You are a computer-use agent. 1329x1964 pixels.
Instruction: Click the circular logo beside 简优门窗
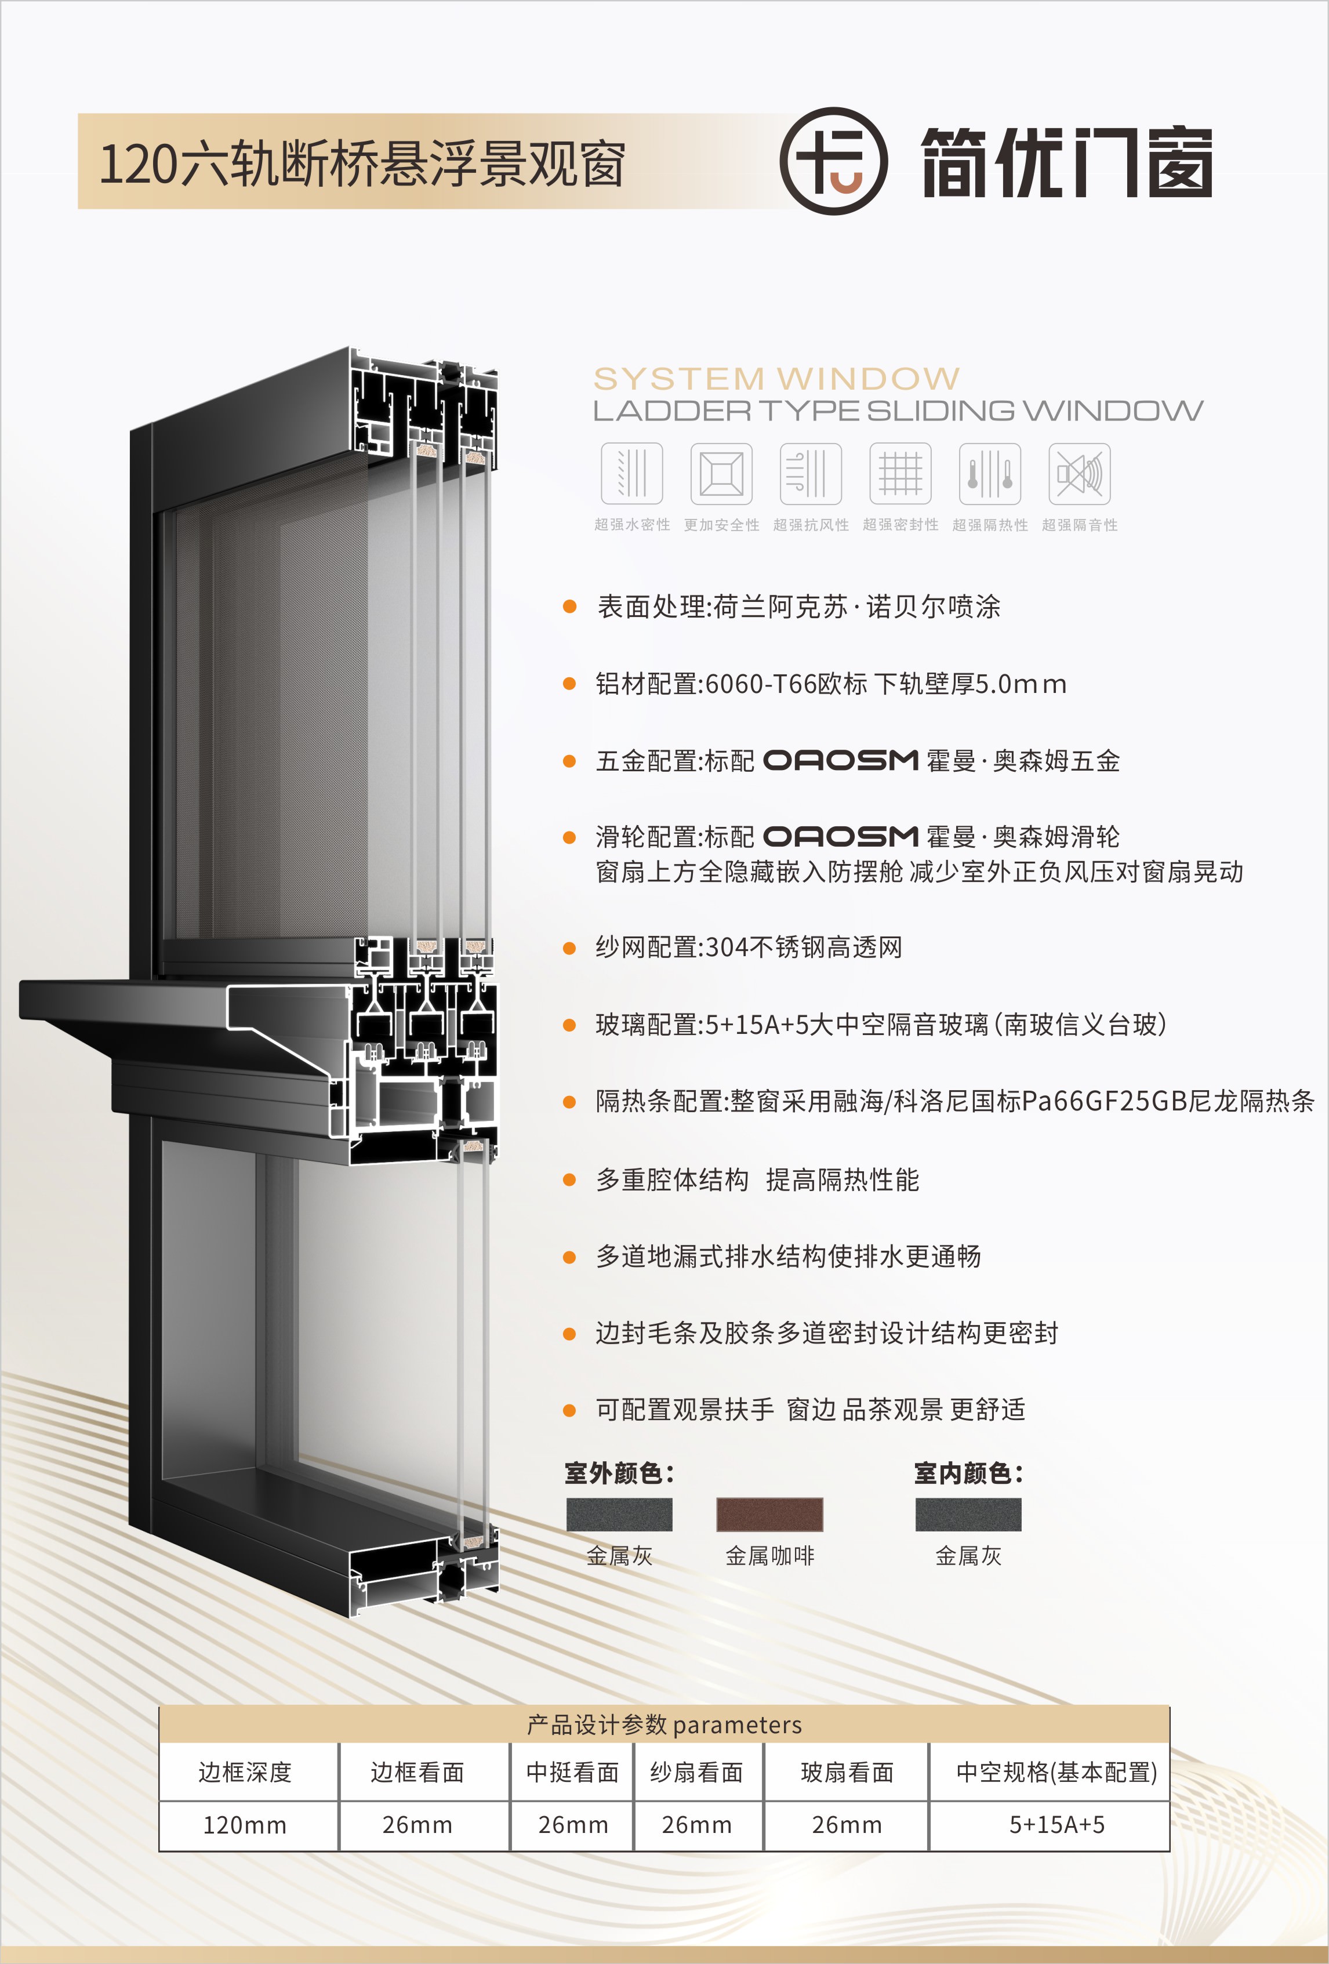point(833,161)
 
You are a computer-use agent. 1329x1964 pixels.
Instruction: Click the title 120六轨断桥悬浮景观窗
point(362,163)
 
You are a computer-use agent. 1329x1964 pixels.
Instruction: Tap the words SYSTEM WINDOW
point(776,377)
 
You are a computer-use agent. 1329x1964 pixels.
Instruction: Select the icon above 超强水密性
point(632,473)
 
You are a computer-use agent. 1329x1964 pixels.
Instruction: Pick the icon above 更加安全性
point(721,473)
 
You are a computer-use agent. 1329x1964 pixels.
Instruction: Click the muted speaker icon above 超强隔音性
point(1080,473)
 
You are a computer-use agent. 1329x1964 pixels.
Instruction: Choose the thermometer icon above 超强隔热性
point(990,473)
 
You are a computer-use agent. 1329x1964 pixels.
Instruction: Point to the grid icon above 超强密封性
point(900,473)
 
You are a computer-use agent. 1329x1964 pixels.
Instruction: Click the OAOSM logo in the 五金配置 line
point(841,761)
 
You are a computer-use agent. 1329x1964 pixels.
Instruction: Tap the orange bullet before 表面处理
point(569,607)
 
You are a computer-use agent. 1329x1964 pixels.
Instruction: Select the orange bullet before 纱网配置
point(569,948)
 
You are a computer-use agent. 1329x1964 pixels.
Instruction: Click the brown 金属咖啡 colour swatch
point(769,1515)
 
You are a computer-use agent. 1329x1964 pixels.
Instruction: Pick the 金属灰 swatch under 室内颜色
point(968,1515)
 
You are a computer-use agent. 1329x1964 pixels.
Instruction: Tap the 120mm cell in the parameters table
point(245,1825)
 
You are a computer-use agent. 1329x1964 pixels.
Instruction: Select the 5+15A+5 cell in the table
point(1057,1825)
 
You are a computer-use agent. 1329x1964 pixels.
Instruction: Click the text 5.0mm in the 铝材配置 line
point(1021,684)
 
